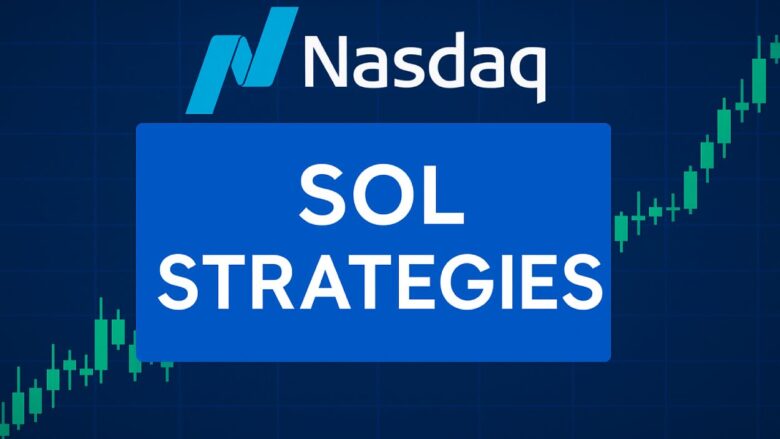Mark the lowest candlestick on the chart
[x=21, y=409]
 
